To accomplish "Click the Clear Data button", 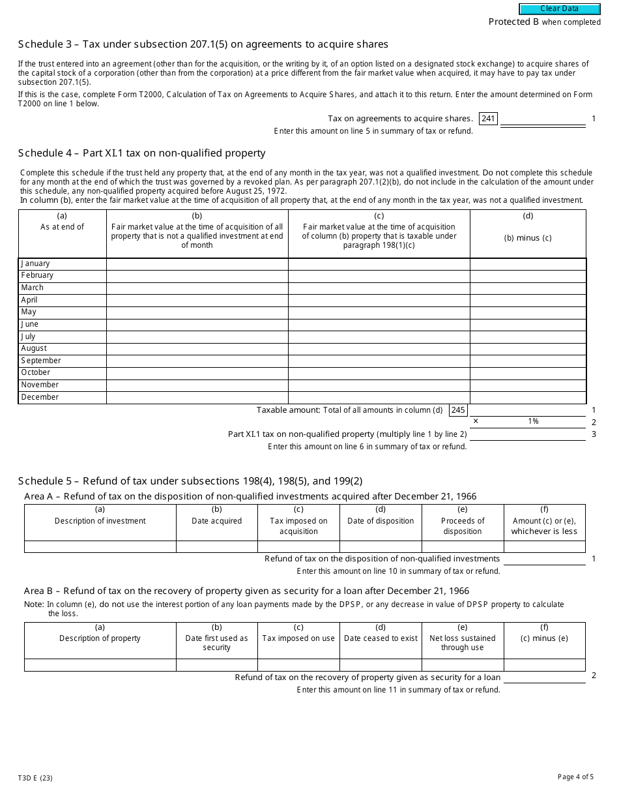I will (559, 9).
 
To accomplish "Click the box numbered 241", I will (488, 119).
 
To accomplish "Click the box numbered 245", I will (458, 410).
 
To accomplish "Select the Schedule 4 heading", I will (141, 153).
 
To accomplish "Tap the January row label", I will (35, 263).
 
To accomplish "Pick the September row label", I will (41, 361).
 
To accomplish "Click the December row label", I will (40, 397).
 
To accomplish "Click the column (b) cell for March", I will (197, 288).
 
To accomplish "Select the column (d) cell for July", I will (527, 336).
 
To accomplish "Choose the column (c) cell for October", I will (379, 373).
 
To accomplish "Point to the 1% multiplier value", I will (533, 422).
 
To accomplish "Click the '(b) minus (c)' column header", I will (527, 238).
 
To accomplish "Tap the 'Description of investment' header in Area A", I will (100, 521).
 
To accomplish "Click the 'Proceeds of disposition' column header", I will (463, 526).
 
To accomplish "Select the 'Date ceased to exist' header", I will (381, 638).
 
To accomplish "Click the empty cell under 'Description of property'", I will (100, 665).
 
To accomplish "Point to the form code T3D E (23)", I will (35, 778).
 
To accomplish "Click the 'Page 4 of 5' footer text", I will (575, 777).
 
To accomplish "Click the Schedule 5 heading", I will (190, 481).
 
